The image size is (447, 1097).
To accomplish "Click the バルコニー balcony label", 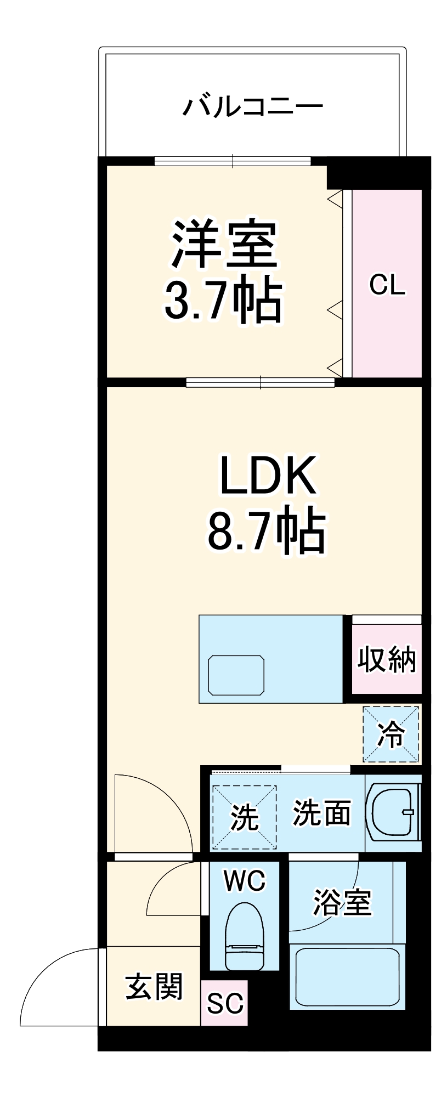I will coord(252,106).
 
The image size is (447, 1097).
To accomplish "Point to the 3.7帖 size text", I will coord(224,301).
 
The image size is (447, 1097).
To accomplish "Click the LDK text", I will coord(268,475).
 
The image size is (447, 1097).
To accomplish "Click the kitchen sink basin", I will coord(236,675).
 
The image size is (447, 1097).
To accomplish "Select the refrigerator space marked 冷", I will coord(391,734).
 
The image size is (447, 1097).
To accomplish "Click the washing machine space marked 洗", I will coord(244,817).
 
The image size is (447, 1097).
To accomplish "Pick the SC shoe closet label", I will coord(224,1003).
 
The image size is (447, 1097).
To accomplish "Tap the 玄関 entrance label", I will coord(154,987).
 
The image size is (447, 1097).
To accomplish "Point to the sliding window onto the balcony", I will coord(233,161).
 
